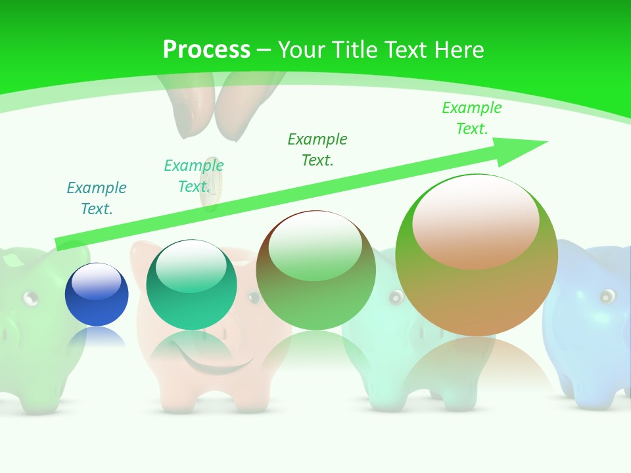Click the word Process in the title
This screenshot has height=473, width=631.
(206, 49)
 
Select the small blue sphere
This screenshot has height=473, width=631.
(97, 294)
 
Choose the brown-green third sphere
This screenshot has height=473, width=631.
(315, 270)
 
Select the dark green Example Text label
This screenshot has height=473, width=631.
(317, 149)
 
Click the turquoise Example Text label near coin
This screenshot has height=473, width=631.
(193, 175)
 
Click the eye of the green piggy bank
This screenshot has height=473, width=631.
(30, 299)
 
